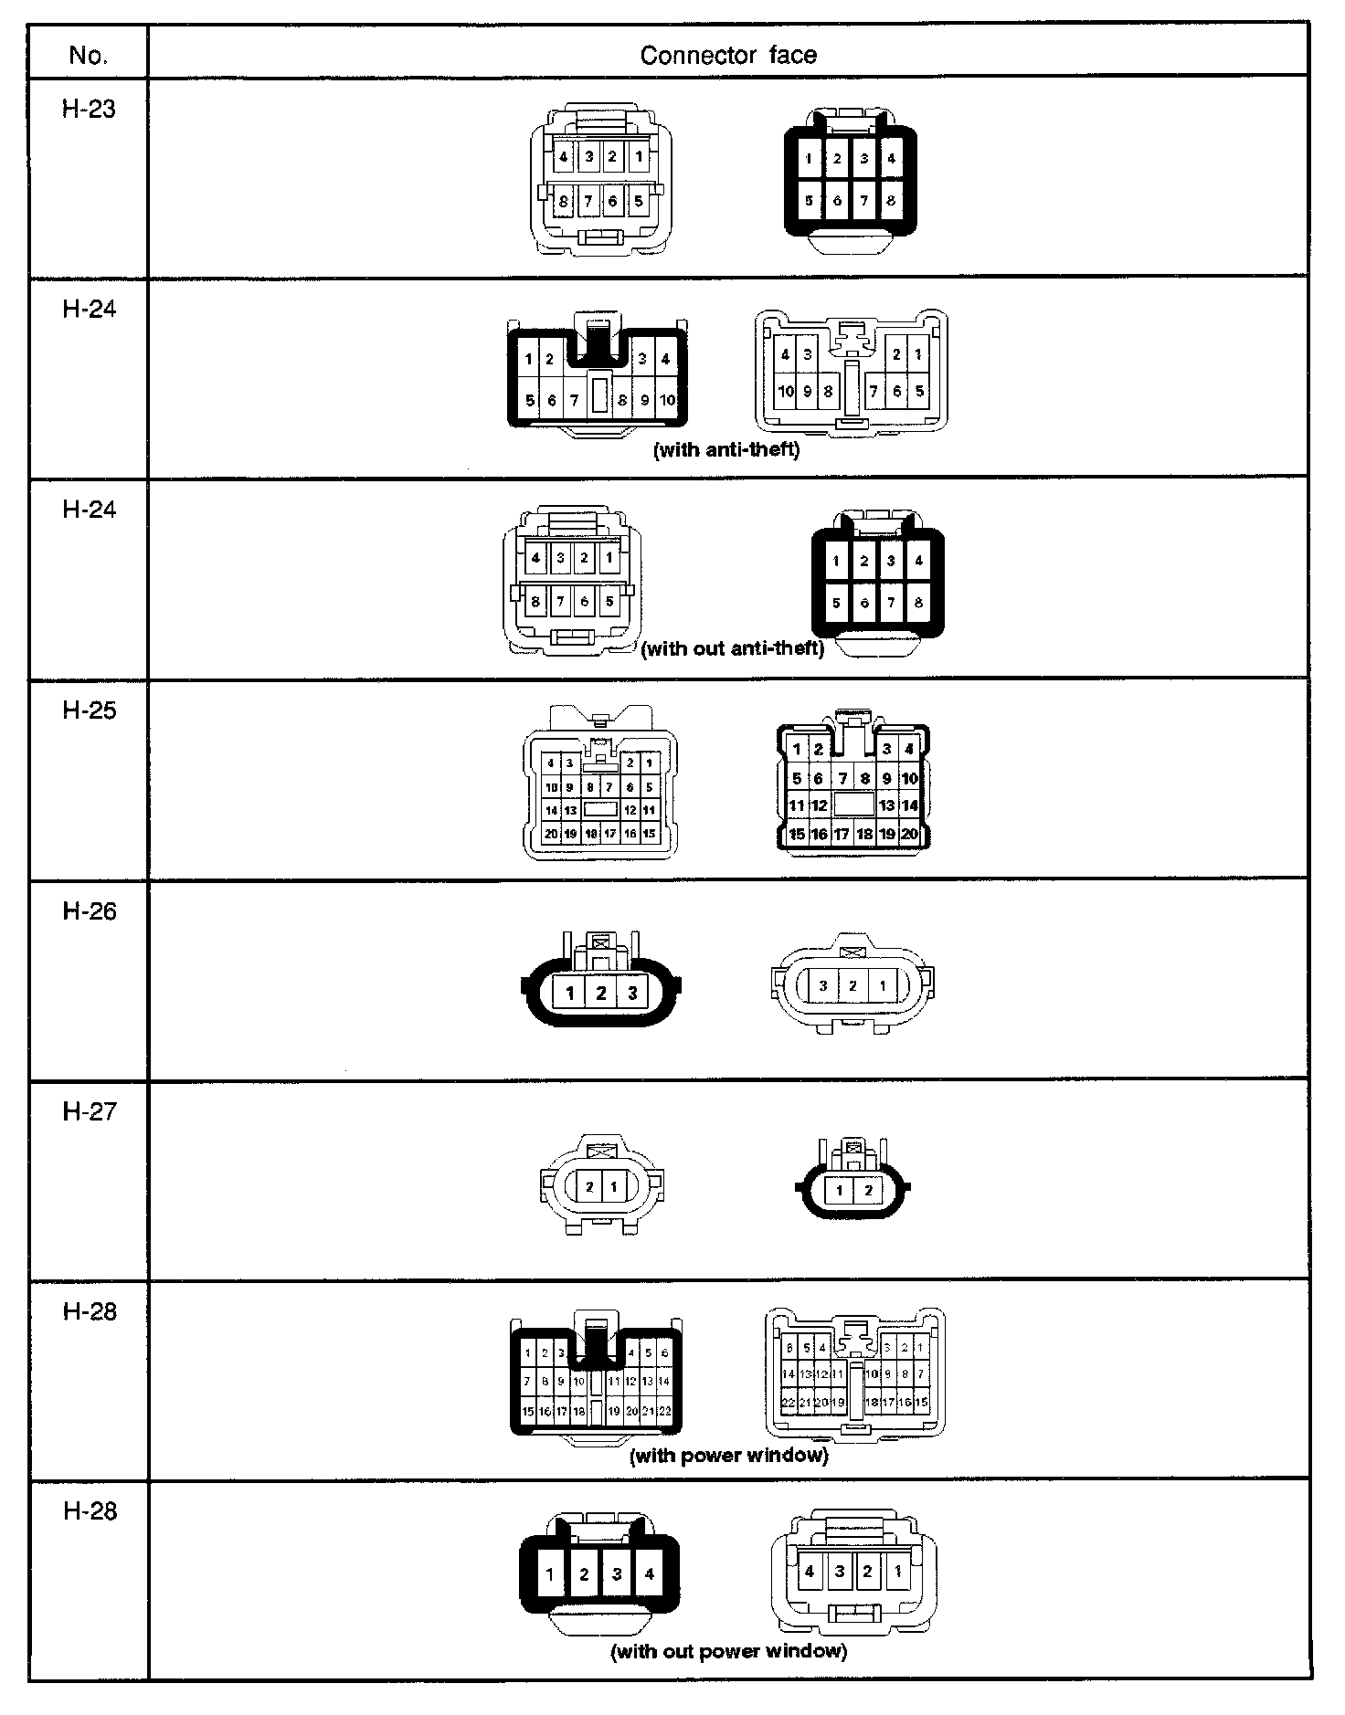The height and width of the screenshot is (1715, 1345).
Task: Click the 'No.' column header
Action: click(88, 56)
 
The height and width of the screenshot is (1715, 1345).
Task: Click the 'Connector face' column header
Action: click(728, 56)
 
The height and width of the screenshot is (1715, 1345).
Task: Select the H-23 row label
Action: click(89, 109)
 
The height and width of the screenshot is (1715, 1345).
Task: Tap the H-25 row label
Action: click(89, 710)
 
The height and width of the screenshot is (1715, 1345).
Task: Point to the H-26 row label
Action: click(89, 910)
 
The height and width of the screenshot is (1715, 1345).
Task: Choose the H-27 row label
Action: click(89, 1110)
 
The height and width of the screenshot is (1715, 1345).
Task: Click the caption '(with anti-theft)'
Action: click(726, 449)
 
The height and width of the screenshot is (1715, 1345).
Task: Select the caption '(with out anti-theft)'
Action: click(732, 648)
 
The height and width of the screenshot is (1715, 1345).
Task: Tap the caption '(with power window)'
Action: click(729, 1455)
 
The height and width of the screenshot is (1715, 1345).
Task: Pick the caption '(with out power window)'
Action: click(728, 1650)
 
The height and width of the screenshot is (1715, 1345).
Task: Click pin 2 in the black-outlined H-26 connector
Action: click(600, 993)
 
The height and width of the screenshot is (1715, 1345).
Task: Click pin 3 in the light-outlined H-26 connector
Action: click(823, 985)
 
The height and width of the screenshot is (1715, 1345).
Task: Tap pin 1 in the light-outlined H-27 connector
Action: click(613, 1187)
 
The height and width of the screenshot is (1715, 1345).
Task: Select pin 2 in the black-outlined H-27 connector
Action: click(868, 1190)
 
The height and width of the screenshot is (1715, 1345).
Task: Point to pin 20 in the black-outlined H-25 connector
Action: click(909, 834)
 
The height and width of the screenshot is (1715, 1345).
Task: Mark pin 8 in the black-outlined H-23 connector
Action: click(891, 200)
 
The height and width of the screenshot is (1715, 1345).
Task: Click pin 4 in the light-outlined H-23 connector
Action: click(564, 157)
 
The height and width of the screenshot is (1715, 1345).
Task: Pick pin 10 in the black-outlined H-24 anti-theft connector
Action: click(667, 400)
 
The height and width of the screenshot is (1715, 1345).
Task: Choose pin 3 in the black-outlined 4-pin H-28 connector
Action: click(617, 1573)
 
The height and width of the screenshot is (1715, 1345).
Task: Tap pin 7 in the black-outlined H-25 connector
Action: click(842, 779)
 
